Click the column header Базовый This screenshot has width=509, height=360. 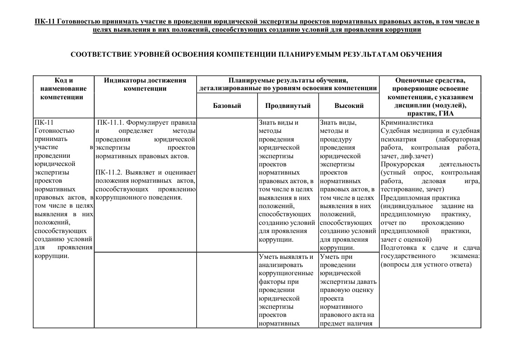227,106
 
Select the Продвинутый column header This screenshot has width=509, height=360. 288,106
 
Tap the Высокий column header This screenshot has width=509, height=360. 349,106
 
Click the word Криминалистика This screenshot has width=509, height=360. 407,122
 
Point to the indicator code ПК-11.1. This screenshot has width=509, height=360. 110,122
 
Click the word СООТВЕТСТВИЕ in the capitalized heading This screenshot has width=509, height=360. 102,54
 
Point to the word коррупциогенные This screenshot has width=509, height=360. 286,273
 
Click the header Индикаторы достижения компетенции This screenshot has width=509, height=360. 145,84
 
